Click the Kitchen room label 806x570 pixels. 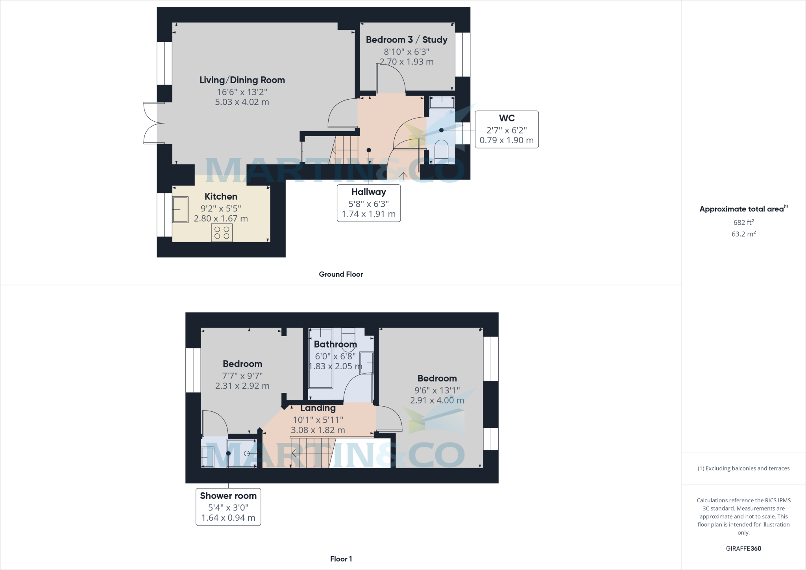point(221,196)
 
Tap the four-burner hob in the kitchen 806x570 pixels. point(222,232)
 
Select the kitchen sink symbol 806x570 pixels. point(180,209)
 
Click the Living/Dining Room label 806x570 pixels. point(242,80)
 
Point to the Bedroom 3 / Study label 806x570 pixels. point(407,40)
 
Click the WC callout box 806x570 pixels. point(507,130)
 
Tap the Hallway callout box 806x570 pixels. point(369,203)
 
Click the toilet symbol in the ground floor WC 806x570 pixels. point(441,150)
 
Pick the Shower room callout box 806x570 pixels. point(228,507)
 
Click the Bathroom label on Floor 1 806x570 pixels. point(335,344)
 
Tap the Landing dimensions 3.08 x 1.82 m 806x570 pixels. point(318,430)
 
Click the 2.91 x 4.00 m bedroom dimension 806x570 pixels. point(437,400)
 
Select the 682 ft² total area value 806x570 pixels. point(743,222)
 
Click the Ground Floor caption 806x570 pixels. point(341,274)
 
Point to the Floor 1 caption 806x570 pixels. point(341,559)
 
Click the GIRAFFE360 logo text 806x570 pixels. point(743,548)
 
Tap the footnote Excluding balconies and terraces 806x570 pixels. point(743,468)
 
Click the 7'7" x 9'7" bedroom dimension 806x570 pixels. point(242,376)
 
